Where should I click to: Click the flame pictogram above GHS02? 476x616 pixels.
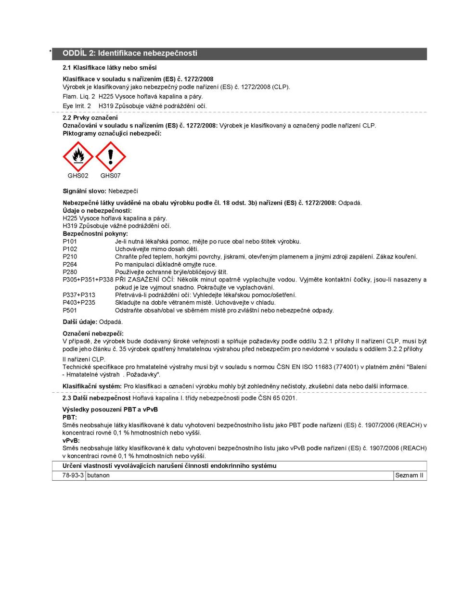tap(78, 156)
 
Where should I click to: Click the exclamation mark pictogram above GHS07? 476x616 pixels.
tap(111, 156)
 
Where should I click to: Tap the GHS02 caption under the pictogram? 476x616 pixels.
tap(78, 176)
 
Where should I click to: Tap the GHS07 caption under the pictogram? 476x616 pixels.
tap(111, 176)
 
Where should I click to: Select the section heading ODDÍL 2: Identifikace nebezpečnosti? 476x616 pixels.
tap(130, 53)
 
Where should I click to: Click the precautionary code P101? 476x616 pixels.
tap(70, 241)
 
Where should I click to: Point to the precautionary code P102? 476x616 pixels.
tap(70, 249)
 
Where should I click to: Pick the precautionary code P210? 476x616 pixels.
tap(70, 257)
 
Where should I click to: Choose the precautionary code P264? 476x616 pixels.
tap(70, 264)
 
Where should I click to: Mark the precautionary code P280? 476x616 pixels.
tap(70, 272)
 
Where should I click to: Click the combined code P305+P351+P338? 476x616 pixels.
tap(88, 280)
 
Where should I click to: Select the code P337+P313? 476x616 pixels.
tap(79, 295)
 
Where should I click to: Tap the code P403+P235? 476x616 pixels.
tap(79, 303)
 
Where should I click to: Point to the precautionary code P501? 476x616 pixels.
tap(70, 310)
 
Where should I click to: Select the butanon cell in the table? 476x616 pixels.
tap(98, 475)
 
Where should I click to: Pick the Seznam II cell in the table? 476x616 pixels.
tap(409, 475)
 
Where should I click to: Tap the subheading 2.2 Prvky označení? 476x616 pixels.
tap(90, 117)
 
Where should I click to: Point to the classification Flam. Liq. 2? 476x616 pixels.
tap(79, 96)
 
